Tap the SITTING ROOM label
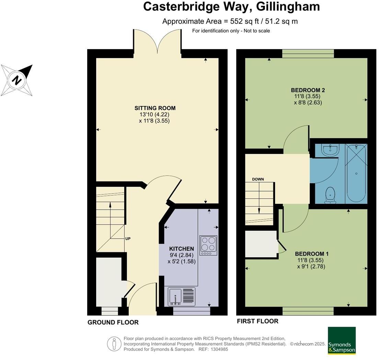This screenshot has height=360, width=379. pyautogui.click(x=155, y=108)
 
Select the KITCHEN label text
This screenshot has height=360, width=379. pyautogui.click(x=182, y=248)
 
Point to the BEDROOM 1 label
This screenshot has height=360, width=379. pyautogui.click(x=312, y=254)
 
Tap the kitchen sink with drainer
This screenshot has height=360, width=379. pyautogui.click(x=182, y=297)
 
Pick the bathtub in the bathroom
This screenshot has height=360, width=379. pyautogui.click(x=356, y=173)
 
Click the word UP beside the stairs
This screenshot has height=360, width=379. pyautogui.click(x=128, y=239)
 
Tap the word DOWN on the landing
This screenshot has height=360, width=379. pyautogui.click(x=258, y=179)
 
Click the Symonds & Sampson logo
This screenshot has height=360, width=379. pyautogui.click(x=342, y=340)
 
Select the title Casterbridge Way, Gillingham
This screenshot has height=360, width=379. pyautogui.click(x=231, y=7)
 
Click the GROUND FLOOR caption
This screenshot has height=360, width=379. pyautogui.click(x=113, y=322)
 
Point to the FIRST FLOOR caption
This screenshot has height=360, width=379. pyautogui.click(x=257, y=321)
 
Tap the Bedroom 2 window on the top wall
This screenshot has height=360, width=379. pyautogui.click(x=308, y=53)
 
